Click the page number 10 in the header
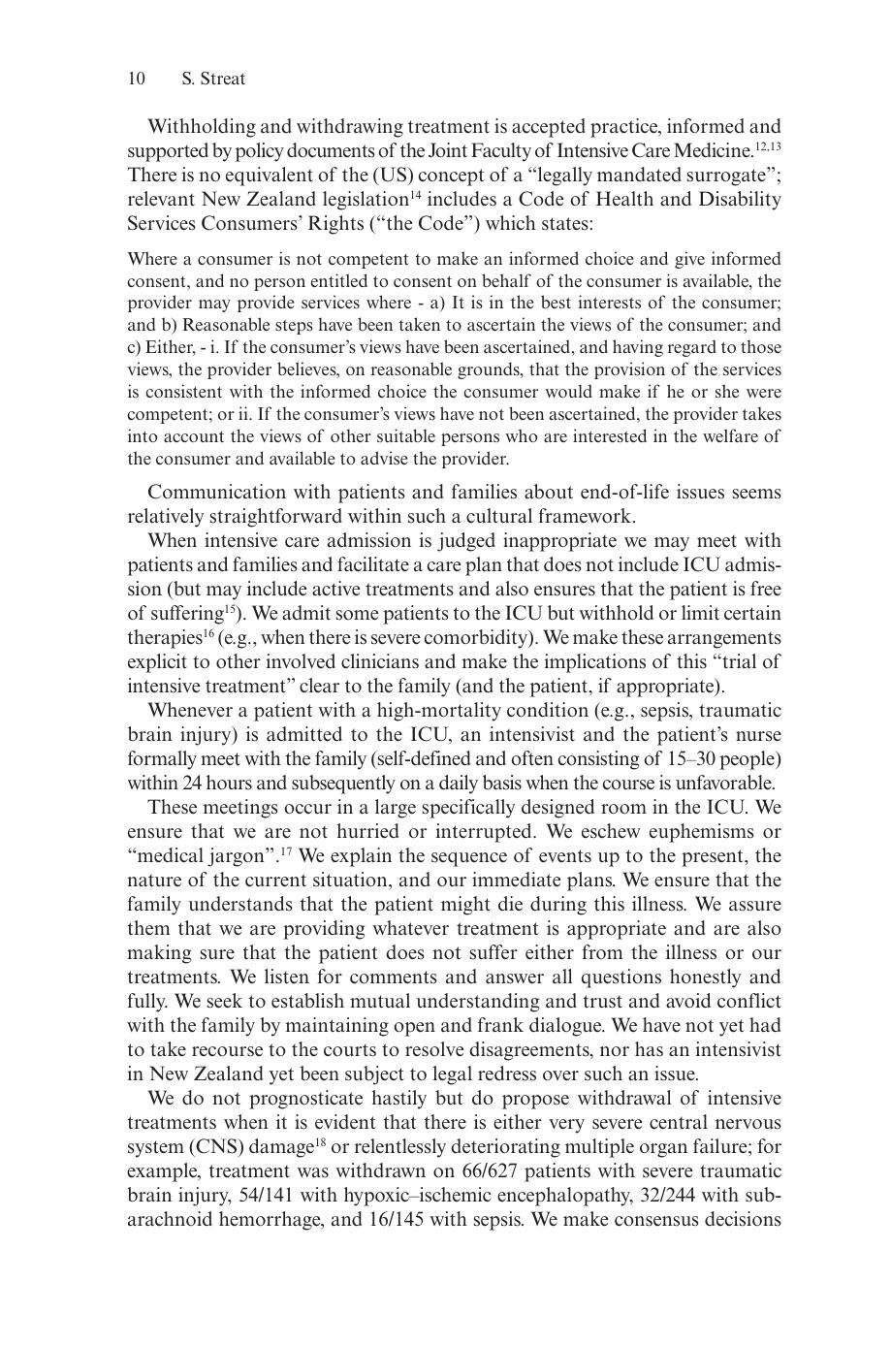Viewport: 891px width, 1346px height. coord(137,79)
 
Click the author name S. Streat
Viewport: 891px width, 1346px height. coord(213,79)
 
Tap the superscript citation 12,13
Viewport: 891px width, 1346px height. coord(769,146)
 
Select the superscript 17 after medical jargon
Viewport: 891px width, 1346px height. coord(287,851)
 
